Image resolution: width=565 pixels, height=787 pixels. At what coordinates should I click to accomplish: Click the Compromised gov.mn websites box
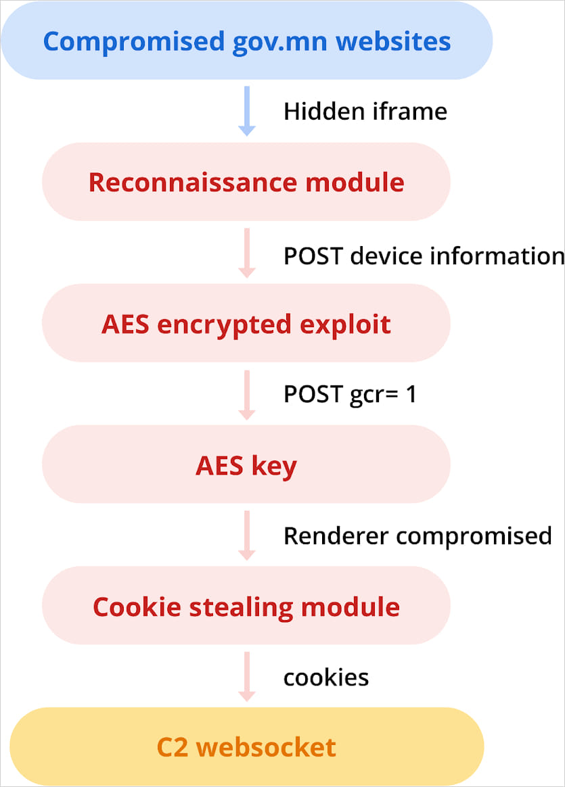(x=246, y=41)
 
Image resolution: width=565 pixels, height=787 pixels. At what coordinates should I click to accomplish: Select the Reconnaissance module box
(x=246, y=182)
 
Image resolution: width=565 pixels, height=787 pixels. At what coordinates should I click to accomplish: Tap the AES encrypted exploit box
(x=246, y=323)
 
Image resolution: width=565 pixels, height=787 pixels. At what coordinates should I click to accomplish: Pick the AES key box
(x=246, y=464)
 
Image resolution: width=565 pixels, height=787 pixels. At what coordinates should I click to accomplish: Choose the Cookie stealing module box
(x=246, y=606)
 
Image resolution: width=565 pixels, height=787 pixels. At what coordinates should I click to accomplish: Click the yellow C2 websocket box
(x=246, y=746)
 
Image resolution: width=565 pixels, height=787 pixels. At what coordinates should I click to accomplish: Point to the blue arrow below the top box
(x=247, y=111)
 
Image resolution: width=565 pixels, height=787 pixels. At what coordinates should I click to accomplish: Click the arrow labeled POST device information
(x=247, y=253)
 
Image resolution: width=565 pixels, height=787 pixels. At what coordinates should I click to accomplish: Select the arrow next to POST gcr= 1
(x=247, y=394)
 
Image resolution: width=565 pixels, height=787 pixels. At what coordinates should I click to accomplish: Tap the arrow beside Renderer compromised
(x=247, y=535)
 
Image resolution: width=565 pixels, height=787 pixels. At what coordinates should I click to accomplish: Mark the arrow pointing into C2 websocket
(x=247, y=677)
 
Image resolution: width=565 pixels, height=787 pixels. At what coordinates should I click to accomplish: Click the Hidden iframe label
(x=365, y=111)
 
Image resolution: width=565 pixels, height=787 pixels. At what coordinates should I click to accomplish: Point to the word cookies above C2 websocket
(x=326, y=677)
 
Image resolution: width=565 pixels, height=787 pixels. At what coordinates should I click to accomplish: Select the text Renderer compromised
(x=417, y=535)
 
